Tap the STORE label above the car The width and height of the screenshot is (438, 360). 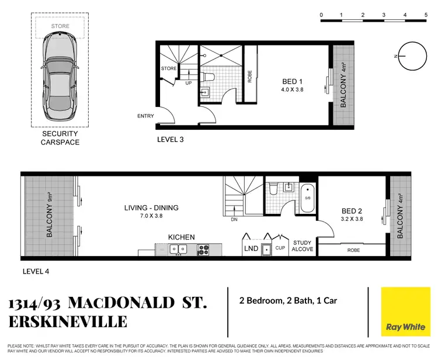60,26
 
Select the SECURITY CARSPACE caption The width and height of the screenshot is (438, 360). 60,139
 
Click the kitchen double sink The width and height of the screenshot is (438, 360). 178,250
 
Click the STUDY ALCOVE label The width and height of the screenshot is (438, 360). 303,246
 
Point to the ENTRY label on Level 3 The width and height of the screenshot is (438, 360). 145,116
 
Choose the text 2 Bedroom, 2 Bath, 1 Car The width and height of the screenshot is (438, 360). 288,302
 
